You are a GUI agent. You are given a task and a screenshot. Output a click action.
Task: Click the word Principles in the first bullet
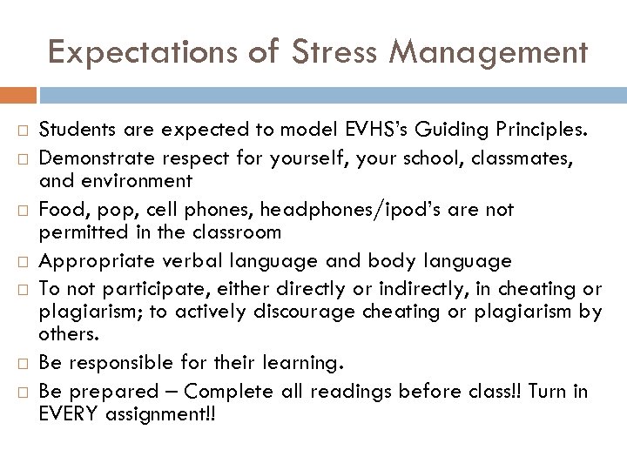click(546, 131)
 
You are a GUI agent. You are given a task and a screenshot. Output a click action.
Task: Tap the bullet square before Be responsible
click(26, 363)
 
